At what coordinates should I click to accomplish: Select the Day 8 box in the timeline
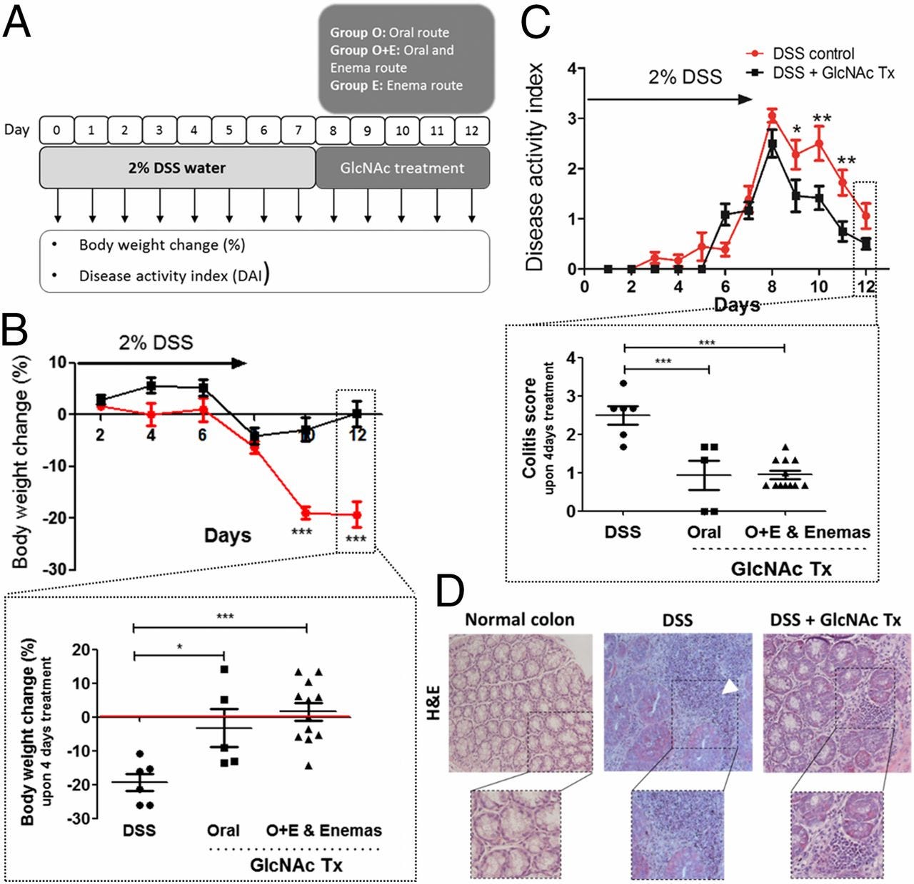[x=333, y=131]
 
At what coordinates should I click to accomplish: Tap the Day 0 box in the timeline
[x=57, y=131]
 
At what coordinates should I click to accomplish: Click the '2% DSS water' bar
[x=177, y=168]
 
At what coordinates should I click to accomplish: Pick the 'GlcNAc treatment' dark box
[x=403, y=168]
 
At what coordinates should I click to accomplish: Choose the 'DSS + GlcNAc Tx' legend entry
[x=833, y=73]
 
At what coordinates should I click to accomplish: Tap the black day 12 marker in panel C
[x=866, y=244]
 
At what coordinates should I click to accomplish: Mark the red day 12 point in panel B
[x=357, y=515]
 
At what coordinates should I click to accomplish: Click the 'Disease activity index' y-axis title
[x=536, y=168]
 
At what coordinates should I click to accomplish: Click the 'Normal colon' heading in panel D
[x=519, y=619]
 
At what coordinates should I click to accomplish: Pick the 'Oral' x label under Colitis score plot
[x=703, y=532]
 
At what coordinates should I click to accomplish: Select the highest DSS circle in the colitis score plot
[x=623, y=384]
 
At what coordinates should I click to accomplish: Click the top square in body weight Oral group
[x=225, y=669]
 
